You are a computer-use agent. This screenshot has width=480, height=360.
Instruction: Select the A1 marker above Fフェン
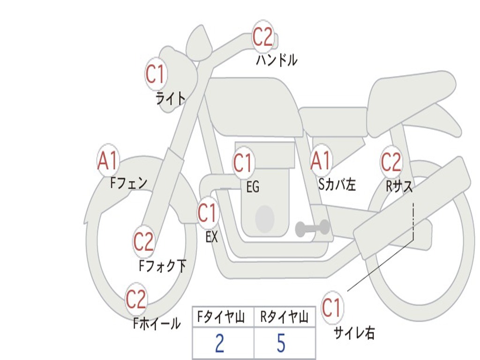point(108,161)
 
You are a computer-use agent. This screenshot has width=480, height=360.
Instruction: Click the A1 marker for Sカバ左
point(321,161)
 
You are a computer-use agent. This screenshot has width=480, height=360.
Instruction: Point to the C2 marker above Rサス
point(391,162)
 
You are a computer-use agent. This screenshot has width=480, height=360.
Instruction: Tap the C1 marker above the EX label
point(207,213)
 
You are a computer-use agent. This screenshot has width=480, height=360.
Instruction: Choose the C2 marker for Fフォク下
point(143,242)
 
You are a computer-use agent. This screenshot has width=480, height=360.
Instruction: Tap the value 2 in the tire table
point(219,344)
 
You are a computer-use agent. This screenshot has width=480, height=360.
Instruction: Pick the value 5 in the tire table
point(281,344)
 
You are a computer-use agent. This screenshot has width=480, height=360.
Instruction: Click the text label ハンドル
point(277,60)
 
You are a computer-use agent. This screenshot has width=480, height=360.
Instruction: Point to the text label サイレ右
point(354,333)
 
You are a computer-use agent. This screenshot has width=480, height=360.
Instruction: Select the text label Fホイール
point(157,323)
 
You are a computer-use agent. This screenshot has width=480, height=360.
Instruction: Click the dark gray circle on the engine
point(264,218)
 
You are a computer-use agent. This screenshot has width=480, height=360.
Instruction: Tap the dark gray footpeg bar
point(312,228)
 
